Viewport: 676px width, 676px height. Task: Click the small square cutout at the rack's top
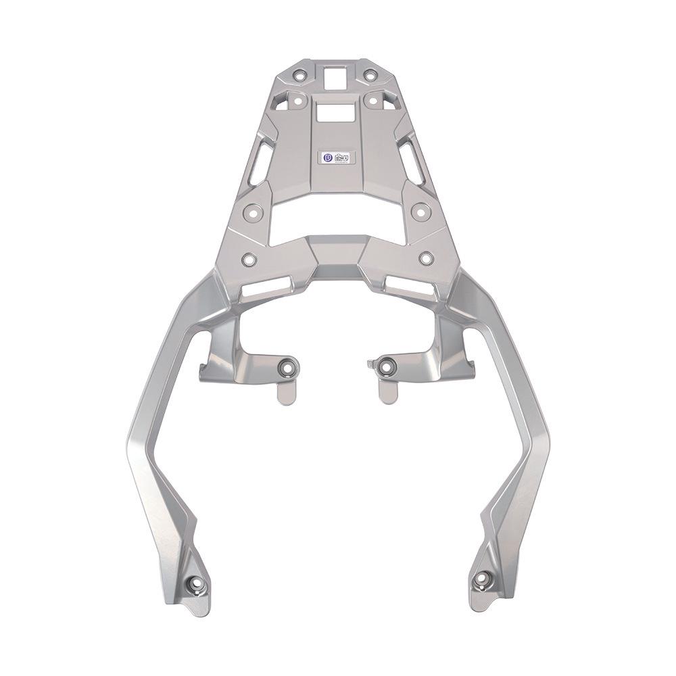pyautogui.click(x=335, y=78)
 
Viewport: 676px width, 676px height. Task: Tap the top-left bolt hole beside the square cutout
pyautogui.click(x=300, y=75)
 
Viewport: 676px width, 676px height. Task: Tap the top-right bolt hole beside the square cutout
pyautogui.click(x=370, y=75)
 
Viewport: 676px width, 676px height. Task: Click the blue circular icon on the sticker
pyautogui.click(x=328, y=158)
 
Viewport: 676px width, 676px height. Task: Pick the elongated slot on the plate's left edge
pyautogui.click(x=260, y=162)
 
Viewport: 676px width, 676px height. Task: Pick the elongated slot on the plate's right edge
pyautogui.click(x=412, y=162)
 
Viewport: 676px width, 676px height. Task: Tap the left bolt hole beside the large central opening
pyautogui.click(x=251, y=211)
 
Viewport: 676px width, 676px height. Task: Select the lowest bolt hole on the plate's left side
pyautogui.click(x=249, y=258)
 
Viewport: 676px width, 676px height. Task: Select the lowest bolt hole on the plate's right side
pyautogui.click(x=426, y=258)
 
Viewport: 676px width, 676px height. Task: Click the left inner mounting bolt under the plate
pyautogui.click(x=288, y=368)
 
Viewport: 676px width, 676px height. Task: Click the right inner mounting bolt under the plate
pyautogui.click(x=386, y=367)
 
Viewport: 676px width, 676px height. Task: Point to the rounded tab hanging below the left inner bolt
pyautogui.click(x=287, y=392)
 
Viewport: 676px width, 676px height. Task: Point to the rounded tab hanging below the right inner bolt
pyautogui.click(x=387, y=392)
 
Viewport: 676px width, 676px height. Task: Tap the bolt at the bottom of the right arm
pyautogui.click(x=483, y=579)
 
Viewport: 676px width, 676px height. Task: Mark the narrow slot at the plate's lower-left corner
pyautogui.click(x=264, y=289)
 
